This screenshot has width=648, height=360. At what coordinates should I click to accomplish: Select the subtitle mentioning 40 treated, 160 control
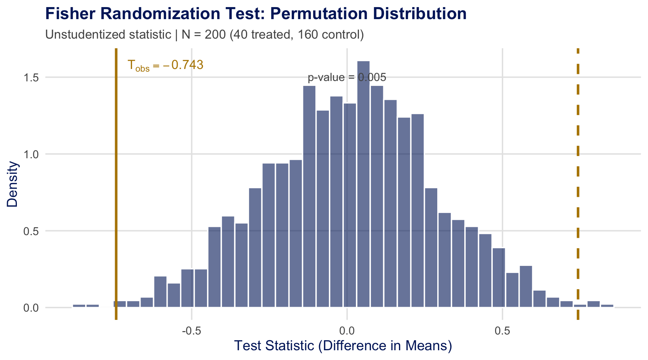204,34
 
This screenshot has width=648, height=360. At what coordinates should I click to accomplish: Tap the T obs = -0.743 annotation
165,65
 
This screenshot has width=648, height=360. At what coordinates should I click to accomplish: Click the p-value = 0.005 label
347,78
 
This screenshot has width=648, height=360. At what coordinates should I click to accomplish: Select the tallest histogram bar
363,184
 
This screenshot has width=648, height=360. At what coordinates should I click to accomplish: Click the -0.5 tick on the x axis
192,331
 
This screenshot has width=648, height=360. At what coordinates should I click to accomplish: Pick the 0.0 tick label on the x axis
347,331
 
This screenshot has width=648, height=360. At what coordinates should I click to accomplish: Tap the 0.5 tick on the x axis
502,331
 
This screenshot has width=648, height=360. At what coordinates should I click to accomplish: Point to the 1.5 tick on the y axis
32,77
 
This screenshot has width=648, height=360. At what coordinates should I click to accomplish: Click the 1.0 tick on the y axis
32,154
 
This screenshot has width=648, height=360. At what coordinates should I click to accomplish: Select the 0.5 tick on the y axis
32,231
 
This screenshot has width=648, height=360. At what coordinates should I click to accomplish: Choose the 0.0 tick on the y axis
32,308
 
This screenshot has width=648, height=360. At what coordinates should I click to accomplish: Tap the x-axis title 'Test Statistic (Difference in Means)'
343,346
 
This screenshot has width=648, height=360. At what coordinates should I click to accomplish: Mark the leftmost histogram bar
79,306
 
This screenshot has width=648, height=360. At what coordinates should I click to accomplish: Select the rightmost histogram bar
607,306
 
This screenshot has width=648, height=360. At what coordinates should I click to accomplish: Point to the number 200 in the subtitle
215,34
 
